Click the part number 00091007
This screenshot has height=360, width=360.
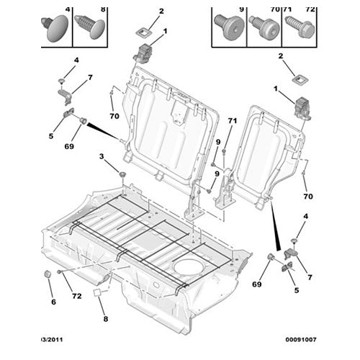click(301, 340)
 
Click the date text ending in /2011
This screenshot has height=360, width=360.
click(52, 340)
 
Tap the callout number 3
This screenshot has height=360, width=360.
click(102, 156)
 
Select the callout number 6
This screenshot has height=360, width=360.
click(53, 302)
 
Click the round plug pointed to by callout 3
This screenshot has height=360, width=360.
click(123, 174)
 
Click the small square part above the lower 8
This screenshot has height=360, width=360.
click(97, 293)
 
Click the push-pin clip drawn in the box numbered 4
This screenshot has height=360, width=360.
click(55, 28)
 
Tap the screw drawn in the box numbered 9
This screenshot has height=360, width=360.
click(228, 26)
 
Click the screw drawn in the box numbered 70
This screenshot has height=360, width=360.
click(264, 27)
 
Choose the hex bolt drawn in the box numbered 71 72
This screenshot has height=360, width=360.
click(300, 27)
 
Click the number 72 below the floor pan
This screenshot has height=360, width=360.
click(77, 296)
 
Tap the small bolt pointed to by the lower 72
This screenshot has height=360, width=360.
click(59, 272)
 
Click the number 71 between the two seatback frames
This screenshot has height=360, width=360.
click(233, 121)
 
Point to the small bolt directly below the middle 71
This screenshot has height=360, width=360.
click(224, 151)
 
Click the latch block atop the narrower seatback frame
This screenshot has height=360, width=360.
click(302, 108)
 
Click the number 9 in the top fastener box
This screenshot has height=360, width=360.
click(241, 9)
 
